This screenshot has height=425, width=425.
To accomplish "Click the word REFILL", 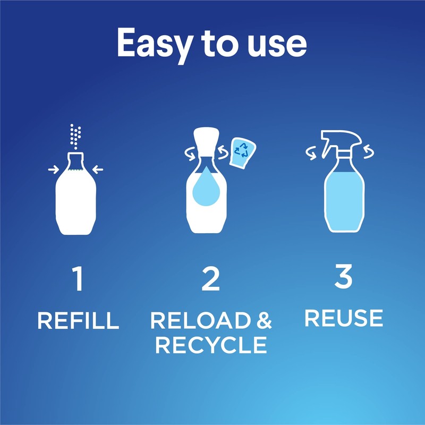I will click(x=78, y=321).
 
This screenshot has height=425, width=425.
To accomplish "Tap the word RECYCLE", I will click(x=211, y=345).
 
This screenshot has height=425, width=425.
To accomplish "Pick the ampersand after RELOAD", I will click(x=262, y=321).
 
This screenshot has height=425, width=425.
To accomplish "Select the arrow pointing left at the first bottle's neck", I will click(x=98, y=169).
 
